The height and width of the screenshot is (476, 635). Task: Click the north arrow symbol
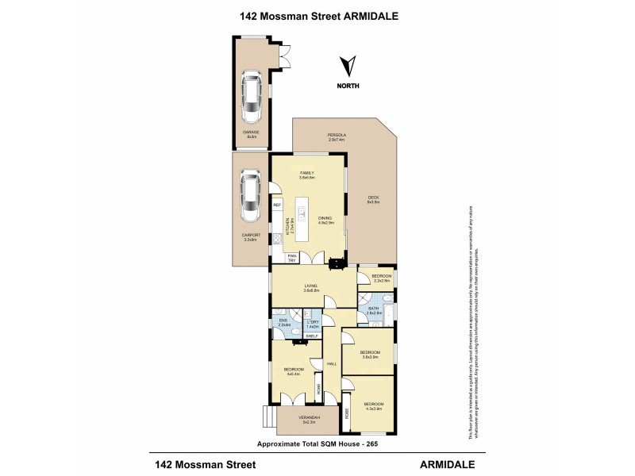point(346,67)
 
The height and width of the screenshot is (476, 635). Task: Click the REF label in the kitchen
point(277,205)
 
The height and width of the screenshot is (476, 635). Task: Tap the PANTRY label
point(292,258)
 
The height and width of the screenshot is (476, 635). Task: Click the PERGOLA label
point(338,136)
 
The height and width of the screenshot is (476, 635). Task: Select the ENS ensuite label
point(283,321)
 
